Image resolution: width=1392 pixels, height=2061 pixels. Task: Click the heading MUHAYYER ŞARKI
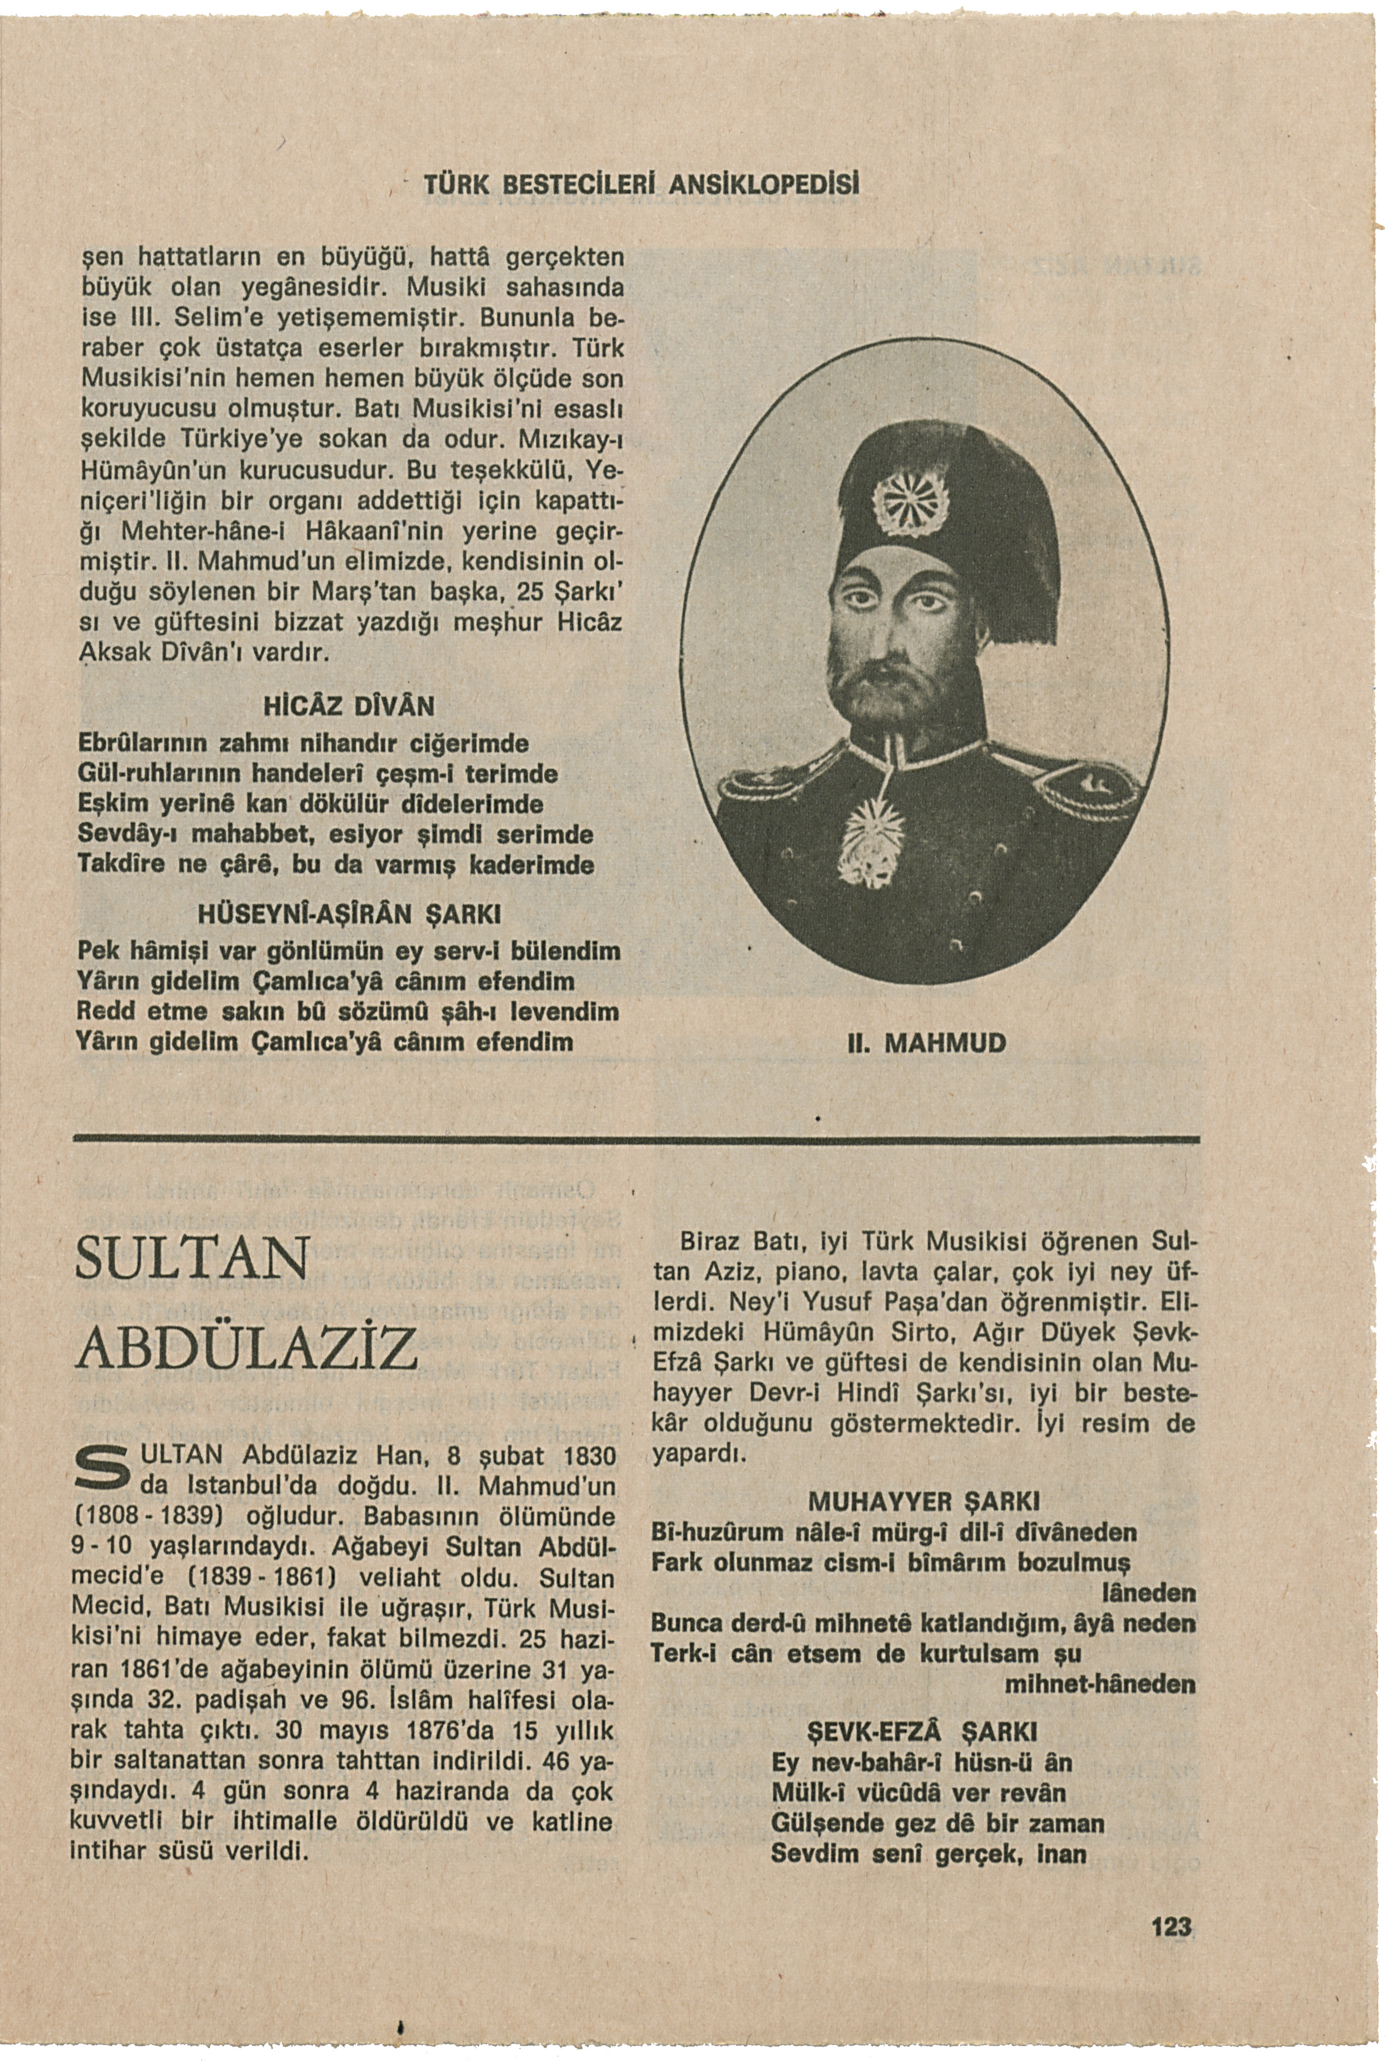[x=923, y=1502]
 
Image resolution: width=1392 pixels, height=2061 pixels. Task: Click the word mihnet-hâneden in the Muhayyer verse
[x=1099, y=1683]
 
